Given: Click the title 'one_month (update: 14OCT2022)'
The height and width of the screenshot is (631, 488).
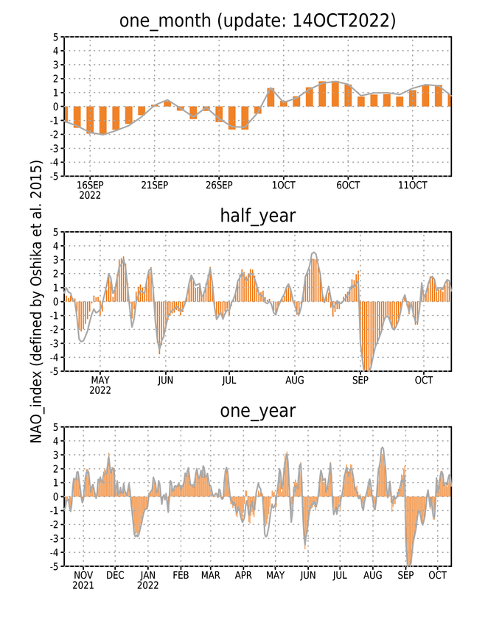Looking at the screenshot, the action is pyautogui.click(x=257, y=21).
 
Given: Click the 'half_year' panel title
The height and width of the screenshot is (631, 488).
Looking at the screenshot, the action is pyautogui.click(x=258, y=216).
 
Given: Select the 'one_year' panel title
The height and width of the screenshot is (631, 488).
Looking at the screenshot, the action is pyautogui.click(x=258, y=411).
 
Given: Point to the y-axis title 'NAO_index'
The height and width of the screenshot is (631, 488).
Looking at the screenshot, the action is pyautogui.click(x=36, y=425).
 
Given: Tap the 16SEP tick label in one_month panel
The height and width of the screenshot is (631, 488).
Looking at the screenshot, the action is pyautogui.click(x=90, y=185).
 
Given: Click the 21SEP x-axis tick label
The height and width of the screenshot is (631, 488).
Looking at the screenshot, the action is pyautogui.click(x=154, y=185).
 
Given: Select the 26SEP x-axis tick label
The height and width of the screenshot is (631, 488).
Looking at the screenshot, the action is pyautogui.click(x=219, y=185).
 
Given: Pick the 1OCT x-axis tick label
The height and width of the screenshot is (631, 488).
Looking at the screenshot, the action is pyautogui.click(x=283, y=185).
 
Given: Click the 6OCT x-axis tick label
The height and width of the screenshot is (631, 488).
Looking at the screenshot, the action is pyautogui.click(x=348, y=185).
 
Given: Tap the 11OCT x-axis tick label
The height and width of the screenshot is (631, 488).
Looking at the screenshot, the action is pyautogui.click(x=412, y=185).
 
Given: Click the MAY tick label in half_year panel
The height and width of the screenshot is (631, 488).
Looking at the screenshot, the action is pyautogui.click(x=100, y=380).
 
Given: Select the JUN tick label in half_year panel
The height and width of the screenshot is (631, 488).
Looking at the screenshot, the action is pyautogui.click(x=165, y=380).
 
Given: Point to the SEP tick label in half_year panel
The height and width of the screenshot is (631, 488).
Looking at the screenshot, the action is pyautogui.click(x=360, y=380).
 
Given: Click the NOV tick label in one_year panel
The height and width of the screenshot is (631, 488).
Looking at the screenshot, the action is pyautogui.click(x=83, y=575).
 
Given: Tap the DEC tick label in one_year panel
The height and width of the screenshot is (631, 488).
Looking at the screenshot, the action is pyautogui.click(x=115, y=575).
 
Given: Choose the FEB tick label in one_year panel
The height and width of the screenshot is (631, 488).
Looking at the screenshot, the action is pyautogui.click(x=181, y=575).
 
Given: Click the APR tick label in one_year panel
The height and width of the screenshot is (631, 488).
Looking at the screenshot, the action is pyautogui.click(x=243, y=575).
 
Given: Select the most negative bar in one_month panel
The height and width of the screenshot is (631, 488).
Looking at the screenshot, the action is pyautogui.click(x=102, y=120).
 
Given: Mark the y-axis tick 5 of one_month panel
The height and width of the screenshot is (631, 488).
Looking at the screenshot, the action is pyautogui.click(x=55, y=37).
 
